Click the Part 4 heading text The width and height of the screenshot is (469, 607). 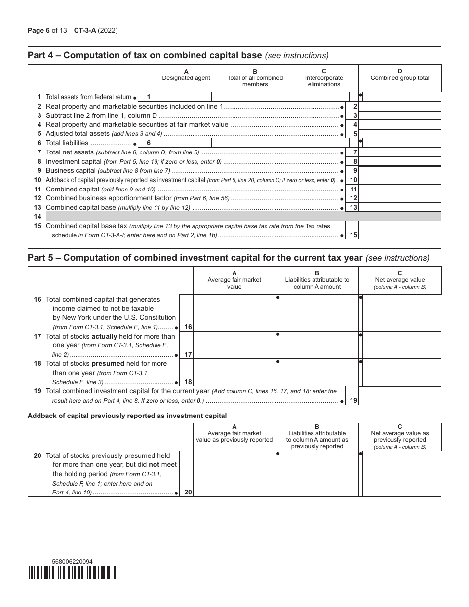178,55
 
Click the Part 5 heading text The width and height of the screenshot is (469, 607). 228,258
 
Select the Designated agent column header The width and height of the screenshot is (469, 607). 186,75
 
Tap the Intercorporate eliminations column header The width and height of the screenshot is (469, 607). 324,77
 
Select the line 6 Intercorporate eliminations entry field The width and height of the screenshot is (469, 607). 319,143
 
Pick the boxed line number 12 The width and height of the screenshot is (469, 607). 353,198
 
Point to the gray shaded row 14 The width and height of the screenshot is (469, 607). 243,216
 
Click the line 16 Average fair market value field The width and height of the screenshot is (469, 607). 230,312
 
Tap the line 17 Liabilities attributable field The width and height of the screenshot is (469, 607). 314,344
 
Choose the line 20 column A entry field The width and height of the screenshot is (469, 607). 230,474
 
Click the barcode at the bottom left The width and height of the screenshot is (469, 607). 73,572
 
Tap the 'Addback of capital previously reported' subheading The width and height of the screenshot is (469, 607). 127,416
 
